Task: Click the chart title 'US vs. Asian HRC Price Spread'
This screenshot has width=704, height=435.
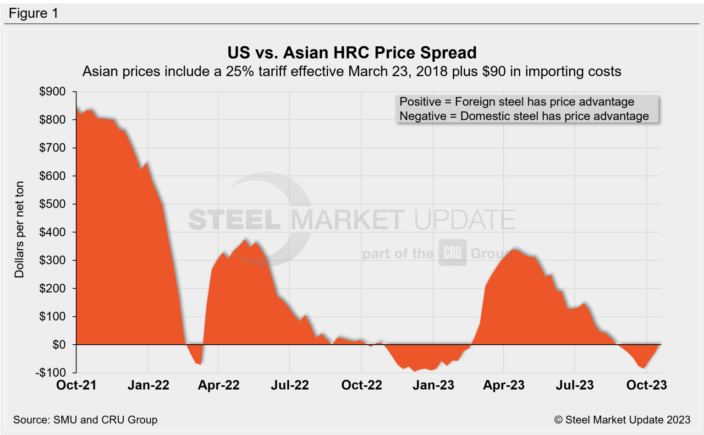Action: [x=352, y=53]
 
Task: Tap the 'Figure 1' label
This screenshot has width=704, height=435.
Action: [x=33, y=13]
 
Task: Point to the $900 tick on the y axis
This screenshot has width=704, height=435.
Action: [x=52, y=92]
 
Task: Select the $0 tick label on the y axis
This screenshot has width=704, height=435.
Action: [x=59, y=345]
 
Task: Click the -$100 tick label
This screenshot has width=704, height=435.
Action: [x=50, y=373]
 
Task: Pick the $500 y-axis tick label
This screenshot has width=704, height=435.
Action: [x=52, y=204]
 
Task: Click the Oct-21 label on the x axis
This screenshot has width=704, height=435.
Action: [x=76, y=385]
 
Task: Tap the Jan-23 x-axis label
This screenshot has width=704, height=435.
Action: [x=433, y=385]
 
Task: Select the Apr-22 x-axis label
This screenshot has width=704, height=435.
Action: [x=219, y=385]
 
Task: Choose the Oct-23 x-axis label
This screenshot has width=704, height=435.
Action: [x=646, y=385]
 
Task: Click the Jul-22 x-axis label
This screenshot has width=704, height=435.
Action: [x=290, y=385]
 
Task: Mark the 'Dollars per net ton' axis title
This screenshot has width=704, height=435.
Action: [x=19, y=230]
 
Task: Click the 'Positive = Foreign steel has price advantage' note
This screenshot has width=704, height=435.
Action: [x=517, y=102]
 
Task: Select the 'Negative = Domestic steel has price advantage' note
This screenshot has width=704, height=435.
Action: [x=524, y=116]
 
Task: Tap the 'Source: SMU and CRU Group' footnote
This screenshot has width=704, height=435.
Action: [x=85, y=420]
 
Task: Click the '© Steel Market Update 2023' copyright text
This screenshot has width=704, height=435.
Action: [x=622, y=420]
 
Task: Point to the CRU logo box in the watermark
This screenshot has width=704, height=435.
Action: [x=452, y=253]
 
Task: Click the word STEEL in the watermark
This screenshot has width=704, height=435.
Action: [x=234, y=220]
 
